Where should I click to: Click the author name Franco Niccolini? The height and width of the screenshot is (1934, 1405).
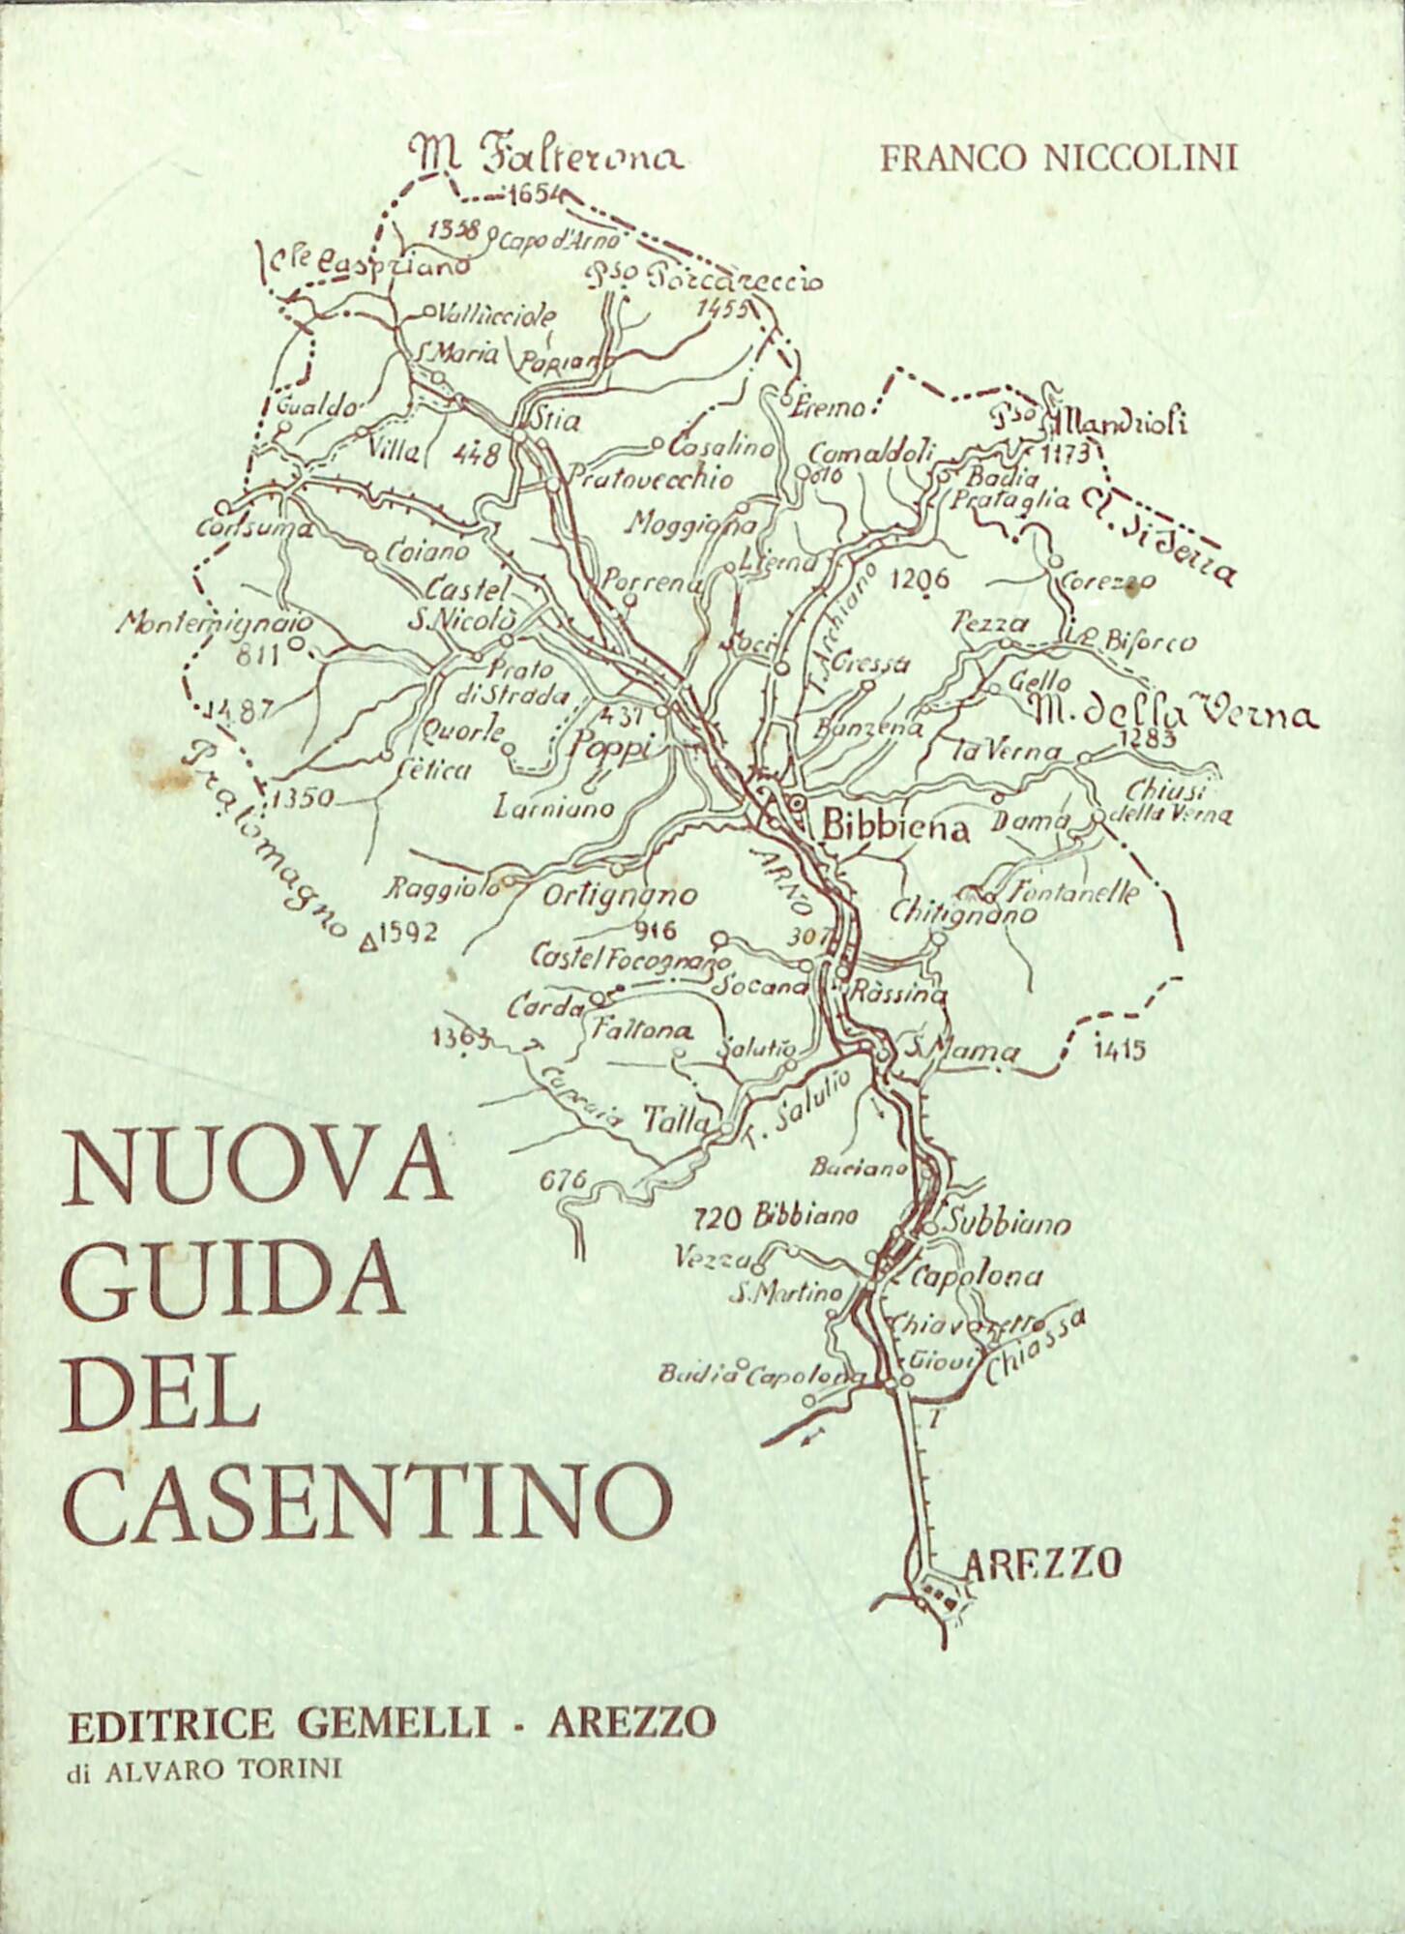[1058, 158]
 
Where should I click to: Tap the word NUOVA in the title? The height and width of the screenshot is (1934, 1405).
[256, 1169]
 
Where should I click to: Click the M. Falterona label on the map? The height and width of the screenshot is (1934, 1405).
[545, 155]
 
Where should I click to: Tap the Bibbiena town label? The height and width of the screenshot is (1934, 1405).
[894, 828]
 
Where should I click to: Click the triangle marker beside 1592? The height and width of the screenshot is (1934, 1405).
[367, 937]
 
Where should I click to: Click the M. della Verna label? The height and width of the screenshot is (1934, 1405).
[1173, 714]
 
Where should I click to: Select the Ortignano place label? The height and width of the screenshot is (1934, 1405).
[619, 896]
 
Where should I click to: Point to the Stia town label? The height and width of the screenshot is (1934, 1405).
[557, 421]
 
